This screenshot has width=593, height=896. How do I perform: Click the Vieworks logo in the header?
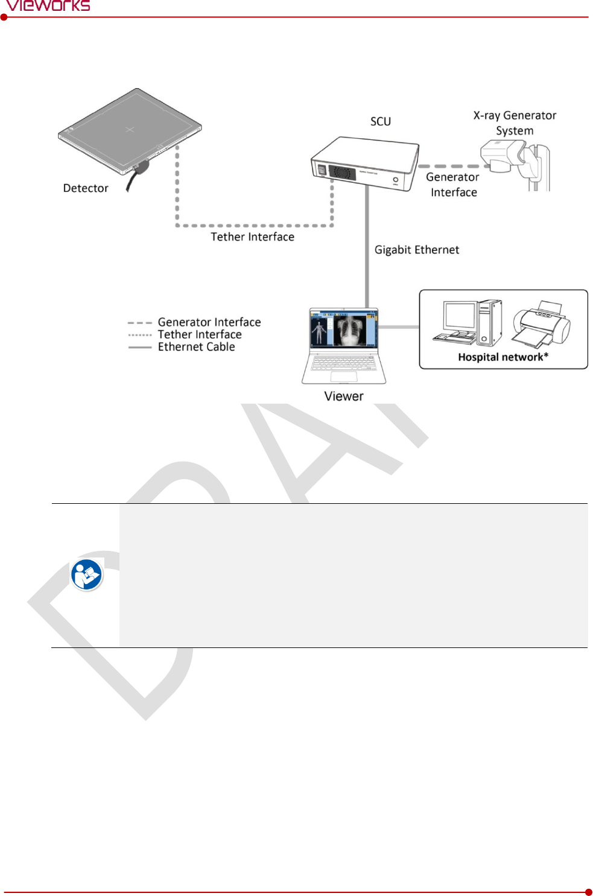pos(48,6)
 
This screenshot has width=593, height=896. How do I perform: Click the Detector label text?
pos(86,188)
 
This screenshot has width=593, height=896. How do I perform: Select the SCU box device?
pos(365,162)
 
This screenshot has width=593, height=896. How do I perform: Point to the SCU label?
pos(381,121)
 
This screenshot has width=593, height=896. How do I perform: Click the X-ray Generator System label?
pos(515,122)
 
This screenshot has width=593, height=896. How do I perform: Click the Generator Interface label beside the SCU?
pos(452,185)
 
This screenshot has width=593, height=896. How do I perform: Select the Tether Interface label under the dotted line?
pos(252,237)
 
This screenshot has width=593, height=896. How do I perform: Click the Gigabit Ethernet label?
pos(416,250)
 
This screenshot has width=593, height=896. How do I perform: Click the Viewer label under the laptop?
pos(344,396)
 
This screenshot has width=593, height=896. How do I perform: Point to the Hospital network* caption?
pos(503,357)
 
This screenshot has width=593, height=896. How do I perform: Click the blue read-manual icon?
pos(86,574)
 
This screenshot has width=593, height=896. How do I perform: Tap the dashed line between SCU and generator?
pos(449,166)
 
